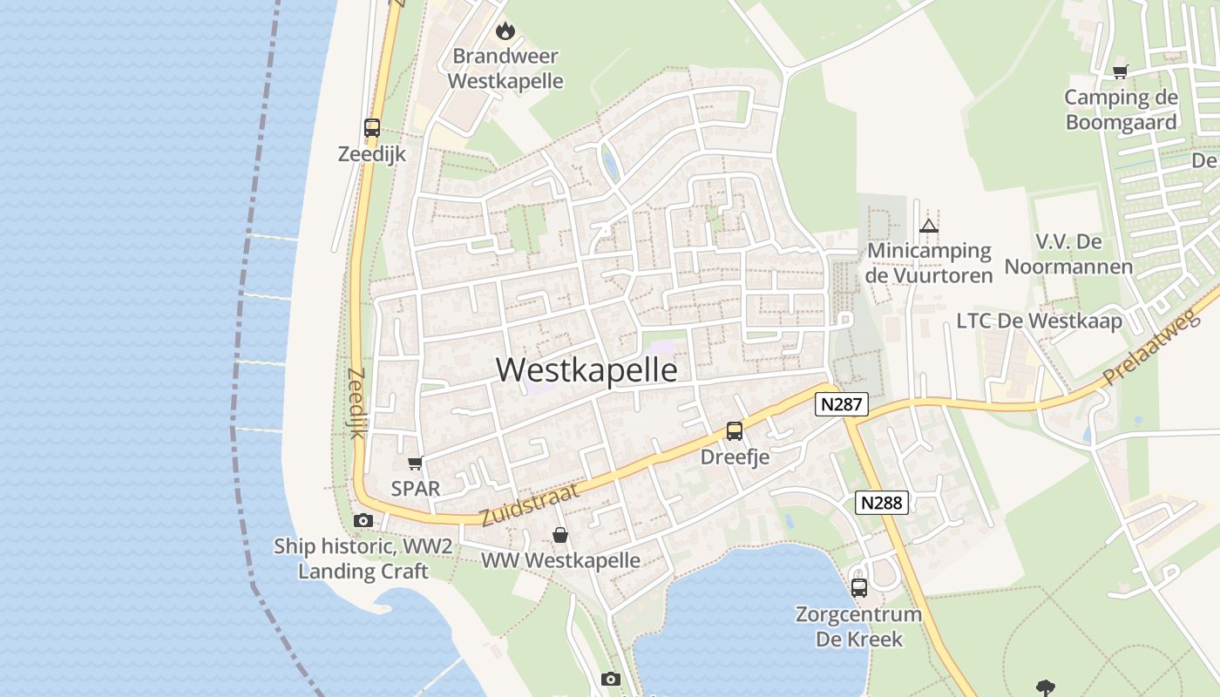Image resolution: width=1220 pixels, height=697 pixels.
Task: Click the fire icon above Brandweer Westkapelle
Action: [x=505, y=32]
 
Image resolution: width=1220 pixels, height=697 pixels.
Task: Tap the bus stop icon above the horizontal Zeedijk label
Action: [x=372, y=128]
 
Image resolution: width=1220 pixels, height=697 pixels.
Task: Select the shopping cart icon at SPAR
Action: [x=415, y=463]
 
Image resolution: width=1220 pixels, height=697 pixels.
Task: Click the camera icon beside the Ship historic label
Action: [x=363, y=520]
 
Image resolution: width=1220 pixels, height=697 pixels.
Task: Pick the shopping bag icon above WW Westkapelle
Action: [x=560, y=535]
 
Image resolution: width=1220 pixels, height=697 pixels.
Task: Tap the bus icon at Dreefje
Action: [x=735, y=430]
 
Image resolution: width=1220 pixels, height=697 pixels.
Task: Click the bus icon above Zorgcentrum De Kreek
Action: [x=859, y=587]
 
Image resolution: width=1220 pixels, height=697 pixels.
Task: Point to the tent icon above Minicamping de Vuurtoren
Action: [x=929, y=227]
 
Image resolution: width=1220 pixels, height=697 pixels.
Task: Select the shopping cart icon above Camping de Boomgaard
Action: [x=1120, y=71]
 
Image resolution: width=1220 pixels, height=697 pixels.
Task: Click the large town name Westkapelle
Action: [x=586, y=370]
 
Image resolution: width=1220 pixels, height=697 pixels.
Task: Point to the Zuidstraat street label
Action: [x=529, y=504]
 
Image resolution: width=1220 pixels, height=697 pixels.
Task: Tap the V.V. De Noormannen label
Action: [x=1069, y=254]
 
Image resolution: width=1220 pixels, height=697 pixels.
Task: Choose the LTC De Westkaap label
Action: [x=1040, y=321]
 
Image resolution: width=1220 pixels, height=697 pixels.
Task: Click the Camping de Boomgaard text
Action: [x=1121, y=110]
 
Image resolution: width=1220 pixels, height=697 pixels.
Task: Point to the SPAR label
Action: [x=416, y=489]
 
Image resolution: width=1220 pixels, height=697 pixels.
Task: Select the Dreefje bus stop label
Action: [x=735, y=457]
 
